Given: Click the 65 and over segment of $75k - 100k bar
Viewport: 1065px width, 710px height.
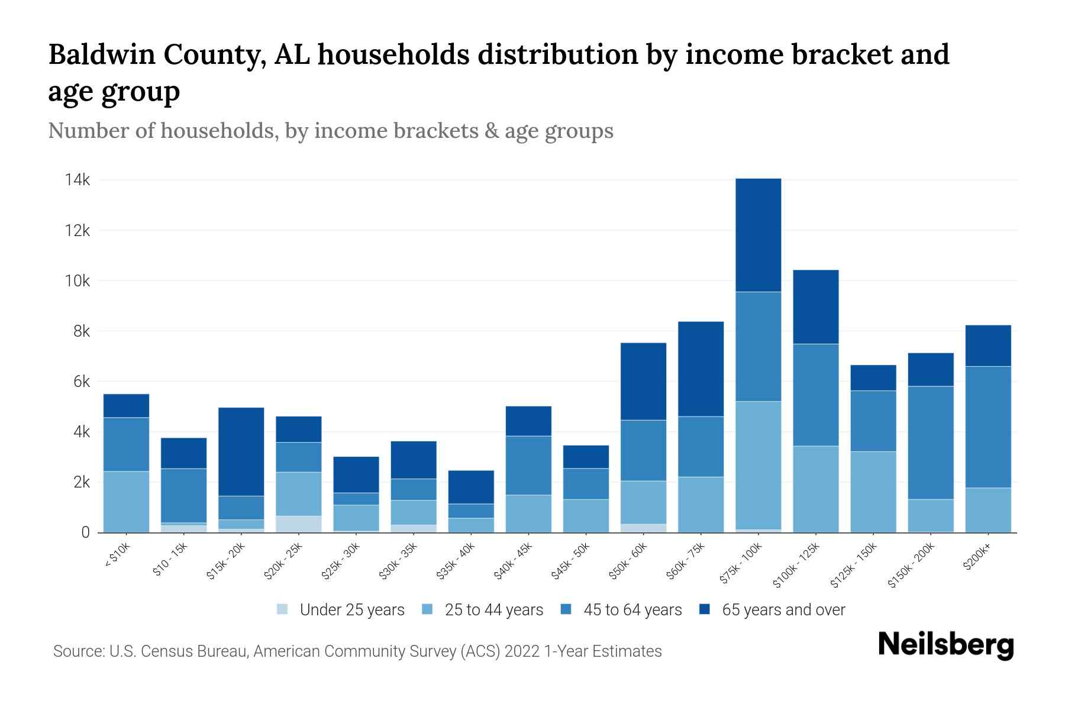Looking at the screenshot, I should tap(758, 235).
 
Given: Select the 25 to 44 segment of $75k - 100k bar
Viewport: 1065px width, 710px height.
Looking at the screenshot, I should tap(758, 465).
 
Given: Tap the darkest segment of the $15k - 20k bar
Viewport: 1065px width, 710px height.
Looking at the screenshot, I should tap(241, 451).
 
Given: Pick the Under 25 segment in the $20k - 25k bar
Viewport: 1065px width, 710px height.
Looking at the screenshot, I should tap(298, 524).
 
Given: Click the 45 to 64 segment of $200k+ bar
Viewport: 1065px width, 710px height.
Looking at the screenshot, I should tap(987, 427).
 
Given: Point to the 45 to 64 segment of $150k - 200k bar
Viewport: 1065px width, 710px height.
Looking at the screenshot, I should tap(930, 443).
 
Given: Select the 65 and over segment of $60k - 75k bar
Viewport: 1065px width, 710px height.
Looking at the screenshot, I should tap(701, 369).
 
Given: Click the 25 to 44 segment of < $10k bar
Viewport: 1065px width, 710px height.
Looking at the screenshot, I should tap(126, 502).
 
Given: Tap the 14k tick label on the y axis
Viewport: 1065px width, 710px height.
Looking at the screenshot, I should tap(78, 180).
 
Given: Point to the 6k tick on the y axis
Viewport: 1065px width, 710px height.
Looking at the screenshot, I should tap(82, 382).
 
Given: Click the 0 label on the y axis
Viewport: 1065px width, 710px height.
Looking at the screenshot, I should tap(86, 532).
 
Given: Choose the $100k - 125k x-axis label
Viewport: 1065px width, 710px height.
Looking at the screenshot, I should tap(797, 564).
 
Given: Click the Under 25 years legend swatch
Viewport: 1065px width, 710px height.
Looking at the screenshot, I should tap(282, 609).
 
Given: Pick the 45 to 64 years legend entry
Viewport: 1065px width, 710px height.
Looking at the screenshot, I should tap(632, 610).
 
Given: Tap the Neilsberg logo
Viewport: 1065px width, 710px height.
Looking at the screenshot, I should tap(945, 645).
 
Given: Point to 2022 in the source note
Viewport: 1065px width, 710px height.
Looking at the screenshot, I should tap(522, 651).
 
